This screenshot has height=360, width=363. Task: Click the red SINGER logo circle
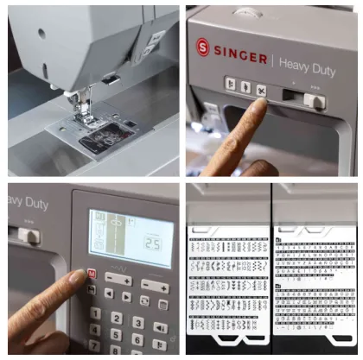[203, 47]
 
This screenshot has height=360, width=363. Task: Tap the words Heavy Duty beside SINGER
[307, 61]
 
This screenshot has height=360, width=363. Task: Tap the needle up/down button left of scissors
[245, 87]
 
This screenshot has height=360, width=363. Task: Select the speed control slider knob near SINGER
[317, 101]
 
